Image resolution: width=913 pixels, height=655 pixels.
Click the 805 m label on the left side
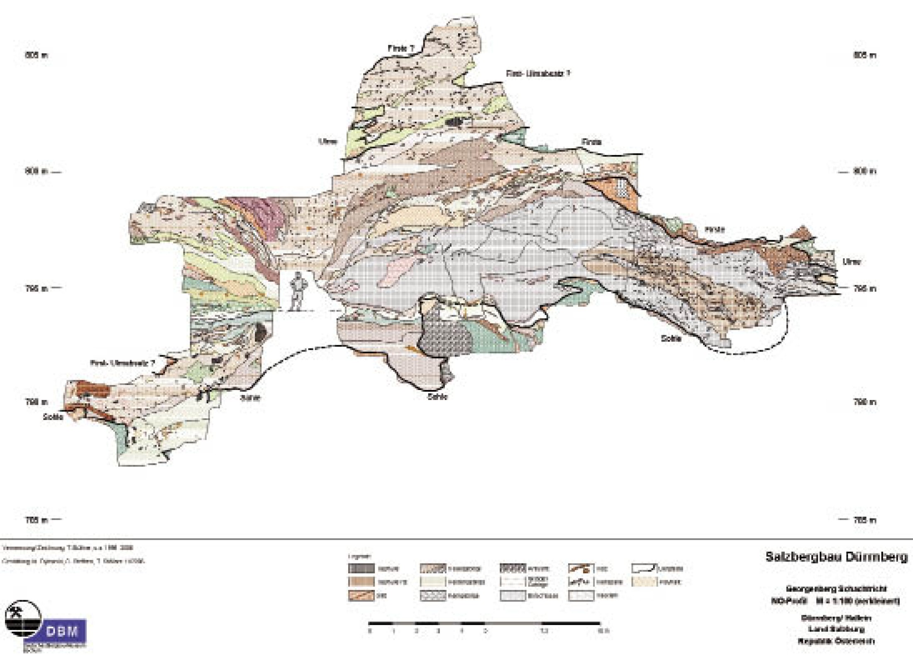(x=36, y=55)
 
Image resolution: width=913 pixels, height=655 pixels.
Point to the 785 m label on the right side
(x=865, y=520)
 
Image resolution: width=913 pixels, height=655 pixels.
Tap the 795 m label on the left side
(x=36, y=288)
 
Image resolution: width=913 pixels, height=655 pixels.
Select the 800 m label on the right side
(x=865, y=171)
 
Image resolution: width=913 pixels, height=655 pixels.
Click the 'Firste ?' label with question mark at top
(x=401, y=49)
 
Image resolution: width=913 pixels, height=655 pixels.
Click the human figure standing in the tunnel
(x=297, y=291)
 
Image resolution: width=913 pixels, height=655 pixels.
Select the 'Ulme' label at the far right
(x=851, y=262)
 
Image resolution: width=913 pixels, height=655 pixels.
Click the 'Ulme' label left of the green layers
(x=328, y=142)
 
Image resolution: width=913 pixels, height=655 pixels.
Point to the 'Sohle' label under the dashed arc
(x=671, y=339)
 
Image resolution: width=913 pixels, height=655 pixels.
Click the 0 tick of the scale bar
(x=370, y=631)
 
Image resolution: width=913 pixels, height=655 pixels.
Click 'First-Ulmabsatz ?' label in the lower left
(x=122, y=363)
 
